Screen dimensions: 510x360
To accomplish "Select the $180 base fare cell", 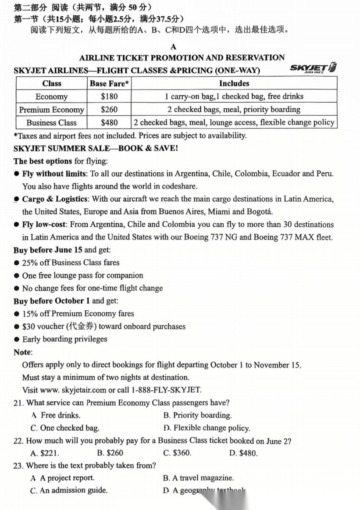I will tap(109, 96).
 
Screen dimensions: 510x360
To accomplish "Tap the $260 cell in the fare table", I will tap(109, 110).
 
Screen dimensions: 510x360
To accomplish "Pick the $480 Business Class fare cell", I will tap(109, 123).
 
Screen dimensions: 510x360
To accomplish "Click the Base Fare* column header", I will tap(109, 83).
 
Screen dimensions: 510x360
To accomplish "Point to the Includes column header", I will tap(234, 83).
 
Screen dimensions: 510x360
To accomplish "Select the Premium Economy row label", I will tap(51, 110).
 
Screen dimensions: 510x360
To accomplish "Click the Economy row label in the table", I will tap(51, 96).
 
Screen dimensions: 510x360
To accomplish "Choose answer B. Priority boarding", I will tap(197, 415).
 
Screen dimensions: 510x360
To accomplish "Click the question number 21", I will tap(18, 403).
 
